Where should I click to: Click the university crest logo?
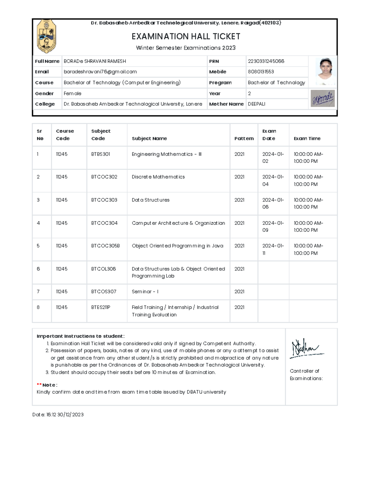tap(46, 36)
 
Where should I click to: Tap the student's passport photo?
tap(326, 71)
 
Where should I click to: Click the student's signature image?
tap(323, 99)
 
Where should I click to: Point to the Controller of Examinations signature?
tap(306, 349)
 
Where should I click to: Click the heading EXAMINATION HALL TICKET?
tap(186, 36)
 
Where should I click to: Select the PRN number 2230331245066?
tap(266, 61)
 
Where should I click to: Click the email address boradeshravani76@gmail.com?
tap(100, 72)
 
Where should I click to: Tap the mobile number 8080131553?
tap(261, 72)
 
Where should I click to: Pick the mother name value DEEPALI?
tap(256, 104)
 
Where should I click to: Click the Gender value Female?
tap(72, 93)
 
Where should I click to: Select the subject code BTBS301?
tap(100, 154)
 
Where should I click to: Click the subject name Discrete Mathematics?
tap(158, 177)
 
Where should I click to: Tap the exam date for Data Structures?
tap(273, 203)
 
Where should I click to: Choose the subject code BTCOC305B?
tap(105, 246)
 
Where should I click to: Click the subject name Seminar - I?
tap(145, 291)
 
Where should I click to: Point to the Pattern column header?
tap(244, 138)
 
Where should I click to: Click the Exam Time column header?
tap(307, 138)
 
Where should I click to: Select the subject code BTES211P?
tap(100, 307)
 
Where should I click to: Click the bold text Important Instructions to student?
tap(80, 336)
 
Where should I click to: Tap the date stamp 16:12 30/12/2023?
tap(65, 414)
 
